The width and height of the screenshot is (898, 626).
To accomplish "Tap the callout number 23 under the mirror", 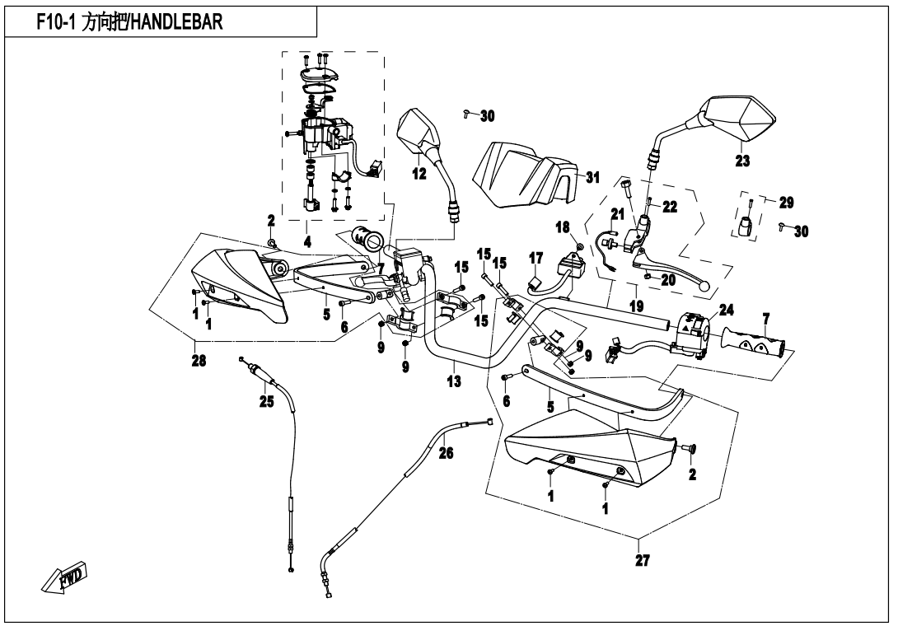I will [x=742, y=161].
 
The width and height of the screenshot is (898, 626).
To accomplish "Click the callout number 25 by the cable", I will [x=266, y=402].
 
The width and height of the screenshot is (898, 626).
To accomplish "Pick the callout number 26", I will [x=445, y=452].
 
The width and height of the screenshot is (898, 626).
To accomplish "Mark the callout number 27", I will [x=643, y=561].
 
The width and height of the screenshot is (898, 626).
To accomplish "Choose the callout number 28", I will [x=199, y=360].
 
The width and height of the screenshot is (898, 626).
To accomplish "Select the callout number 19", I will [x=637, y=306].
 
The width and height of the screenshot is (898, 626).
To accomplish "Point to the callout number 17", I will [x=536, y=258].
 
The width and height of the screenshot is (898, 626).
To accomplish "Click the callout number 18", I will [x=563, y=227].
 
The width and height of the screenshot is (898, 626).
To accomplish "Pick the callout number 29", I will [x=786, y=202].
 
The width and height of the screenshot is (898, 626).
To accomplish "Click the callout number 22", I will [x=669, y=207].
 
